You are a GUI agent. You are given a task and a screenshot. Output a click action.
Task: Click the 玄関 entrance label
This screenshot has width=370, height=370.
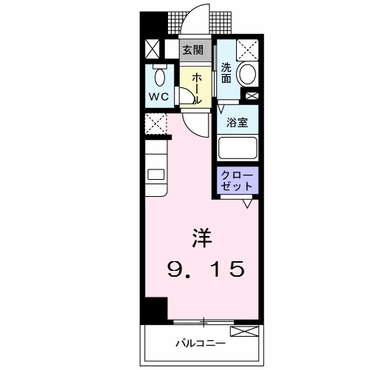click(x=193, y=50)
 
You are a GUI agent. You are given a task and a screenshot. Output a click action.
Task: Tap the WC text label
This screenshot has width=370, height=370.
click(x=159, y=97)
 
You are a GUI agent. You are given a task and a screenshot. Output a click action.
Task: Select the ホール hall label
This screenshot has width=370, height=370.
click(x=197, y=88)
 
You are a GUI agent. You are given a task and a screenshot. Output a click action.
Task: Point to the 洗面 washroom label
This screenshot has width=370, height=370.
click(x=226, y=73)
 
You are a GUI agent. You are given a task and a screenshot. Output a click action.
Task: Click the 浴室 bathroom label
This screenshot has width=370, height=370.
click(x=237, y=123)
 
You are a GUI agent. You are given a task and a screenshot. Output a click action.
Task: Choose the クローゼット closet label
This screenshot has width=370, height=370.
click(x=237, y=181)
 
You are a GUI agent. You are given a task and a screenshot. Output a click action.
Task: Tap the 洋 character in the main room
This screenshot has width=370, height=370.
click(x=202, y=238)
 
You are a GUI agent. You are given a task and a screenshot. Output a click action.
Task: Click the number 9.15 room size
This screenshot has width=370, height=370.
click(x=206, y=269)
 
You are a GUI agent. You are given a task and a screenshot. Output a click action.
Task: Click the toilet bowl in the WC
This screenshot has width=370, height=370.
click(x=160, y=76)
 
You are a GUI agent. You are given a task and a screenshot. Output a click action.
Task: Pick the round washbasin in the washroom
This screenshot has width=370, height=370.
click(x=247, y=75)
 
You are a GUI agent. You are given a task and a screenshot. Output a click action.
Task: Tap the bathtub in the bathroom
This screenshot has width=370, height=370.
click(x=238, y=148)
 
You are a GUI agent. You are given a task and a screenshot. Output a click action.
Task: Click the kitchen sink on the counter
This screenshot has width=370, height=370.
click(x=155, y=175)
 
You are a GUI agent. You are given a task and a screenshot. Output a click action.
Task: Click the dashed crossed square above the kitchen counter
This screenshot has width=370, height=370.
click(x=156, y=124)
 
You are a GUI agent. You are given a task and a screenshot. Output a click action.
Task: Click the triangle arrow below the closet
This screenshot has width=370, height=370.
click(x=248, y=204)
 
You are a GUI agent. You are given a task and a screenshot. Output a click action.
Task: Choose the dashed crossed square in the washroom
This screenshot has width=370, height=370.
click(x=247, y=50)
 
